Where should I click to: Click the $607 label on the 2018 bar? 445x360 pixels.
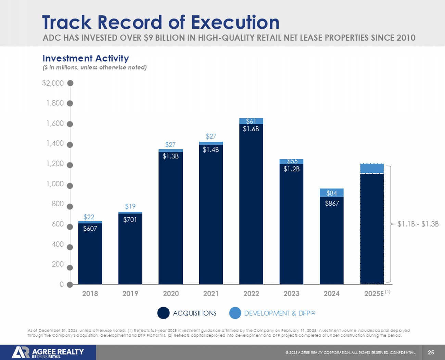click(90, 229)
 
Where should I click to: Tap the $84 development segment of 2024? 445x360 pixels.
click(331, 193)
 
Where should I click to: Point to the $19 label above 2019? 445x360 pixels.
click(130, 206)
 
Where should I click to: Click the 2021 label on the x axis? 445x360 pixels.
click(211, 294)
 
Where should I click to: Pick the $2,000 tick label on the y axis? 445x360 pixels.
click(53, 83)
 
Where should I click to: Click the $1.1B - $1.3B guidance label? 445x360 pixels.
click(418, 224)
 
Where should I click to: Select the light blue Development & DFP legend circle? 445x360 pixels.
click(235, 313)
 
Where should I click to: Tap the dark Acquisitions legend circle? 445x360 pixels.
click(163, 313)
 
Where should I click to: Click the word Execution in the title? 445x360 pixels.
click(235, 22)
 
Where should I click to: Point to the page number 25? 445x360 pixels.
click(431, 352)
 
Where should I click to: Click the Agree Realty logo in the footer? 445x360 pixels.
click(48, 352)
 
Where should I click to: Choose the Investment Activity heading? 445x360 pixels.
click(86, 59)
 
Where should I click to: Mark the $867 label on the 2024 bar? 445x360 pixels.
click(332, 203)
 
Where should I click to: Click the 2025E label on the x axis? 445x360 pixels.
click(374, 294)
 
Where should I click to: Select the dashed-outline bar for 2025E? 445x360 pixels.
click(372, 229)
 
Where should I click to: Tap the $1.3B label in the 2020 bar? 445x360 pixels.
click(170, 156)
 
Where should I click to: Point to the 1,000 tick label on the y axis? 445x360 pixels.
click(55, 184)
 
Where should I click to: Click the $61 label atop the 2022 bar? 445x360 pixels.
click(251, 121)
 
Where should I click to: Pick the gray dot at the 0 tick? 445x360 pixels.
click(70, 284)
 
